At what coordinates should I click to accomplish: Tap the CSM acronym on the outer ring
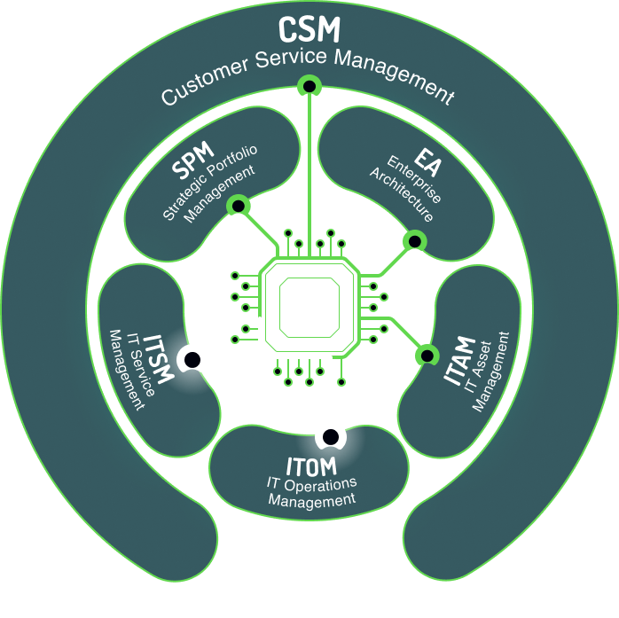point(309,30)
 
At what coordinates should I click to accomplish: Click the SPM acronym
point(192,166)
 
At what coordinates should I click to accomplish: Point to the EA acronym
point(427,166)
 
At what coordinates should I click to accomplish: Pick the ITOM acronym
point(310,465)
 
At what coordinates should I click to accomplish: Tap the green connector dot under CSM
point(309,86)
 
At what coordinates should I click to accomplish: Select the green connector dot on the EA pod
point(412,240)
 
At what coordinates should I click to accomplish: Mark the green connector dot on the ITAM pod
point(427,355)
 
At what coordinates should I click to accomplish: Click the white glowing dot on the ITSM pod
point(191,359)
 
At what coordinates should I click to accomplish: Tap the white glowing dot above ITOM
point(330,436)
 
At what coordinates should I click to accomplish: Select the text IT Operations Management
point(311,491)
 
